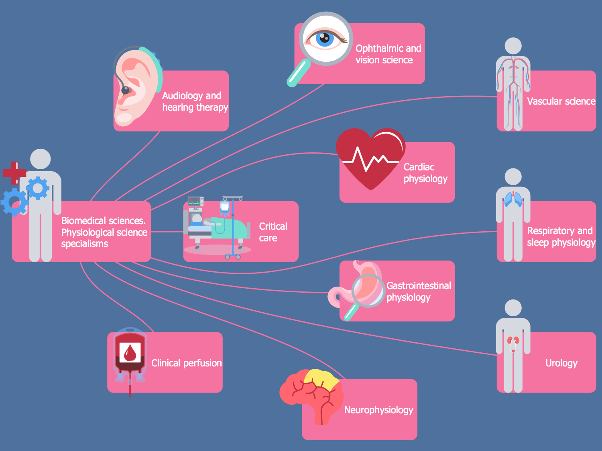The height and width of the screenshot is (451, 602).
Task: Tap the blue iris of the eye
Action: tap(325, 39)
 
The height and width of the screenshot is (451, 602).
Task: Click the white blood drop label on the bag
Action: tap(130, 352)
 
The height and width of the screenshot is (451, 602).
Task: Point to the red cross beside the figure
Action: tap(15, 173)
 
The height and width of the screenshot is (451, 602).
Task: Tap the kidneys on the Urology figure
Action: tap(513, 342)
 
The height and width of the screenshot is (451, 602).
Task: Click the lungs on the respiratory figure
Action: tap(513, 199)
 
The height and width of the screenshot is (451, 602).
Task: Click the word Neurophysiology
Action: tap(378, 410)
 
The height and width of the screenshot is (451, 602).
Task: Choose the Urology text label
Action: tap(561, 363)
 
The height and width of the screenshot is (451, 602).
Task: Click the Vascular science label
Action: tap(561, 101)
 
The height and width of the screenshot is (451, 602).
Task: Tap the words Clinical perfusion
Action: tap(186, 363)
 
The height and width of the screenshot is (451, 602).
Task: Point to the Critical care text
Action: tap(273, 232)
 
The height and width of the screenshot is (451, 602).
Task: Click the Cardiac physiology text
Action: tap(425, 173)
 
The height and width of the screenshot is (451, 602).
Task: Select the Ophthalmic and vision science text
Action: tap(388, 54)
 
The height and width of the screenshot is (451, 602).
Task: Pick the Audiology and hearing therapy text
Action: tap(195, 101)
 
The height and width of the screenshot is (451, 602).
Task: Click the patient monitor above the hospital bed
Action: tap(196, 202)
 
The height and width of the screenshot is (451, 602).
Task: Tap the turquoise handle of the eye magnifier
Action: tap(298, 73)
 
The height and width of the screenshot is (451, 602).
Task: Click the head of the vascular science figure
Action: tap(513, 46)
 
